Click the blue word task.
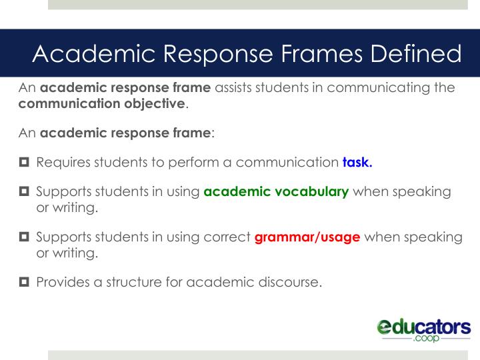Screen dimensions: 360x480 tap(357, 161)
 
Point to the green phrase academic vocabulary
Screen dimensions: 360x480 tap(276, 192)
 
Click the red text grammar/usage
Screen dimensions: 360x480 tap(307, 237)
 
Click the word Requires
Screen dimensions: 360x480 tap(63, 162)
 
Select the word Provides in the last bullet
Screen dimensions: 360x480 tap(63, 281)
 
